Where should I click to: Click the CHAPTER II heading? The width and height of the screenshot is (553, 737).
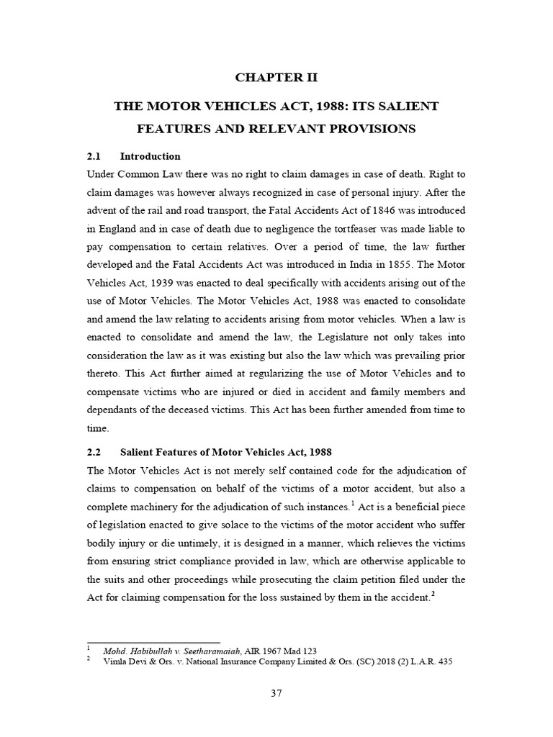point(276,78)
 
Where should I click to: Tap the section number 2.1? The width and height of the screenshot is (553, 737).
point(95,156)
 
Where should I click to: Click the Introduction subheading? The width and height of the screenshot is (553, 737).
point(150,156)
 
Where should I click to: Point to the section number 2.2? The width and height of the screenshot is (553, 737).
point(95,451)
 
